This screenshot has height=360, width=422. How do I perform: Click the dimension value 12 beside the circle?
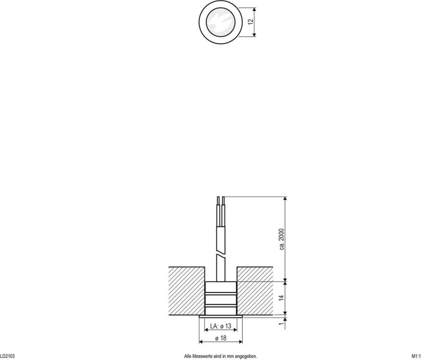(250, 22)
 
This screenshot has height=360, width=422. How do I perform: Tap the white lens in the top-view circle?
(221, 22)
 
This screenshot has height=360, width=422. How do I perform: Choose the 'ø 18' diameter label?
(221, 339)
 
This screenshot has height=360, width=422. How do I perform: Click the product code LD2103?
(8, 356)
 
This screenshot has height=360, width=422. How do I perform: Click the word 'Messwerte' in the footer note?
(206, 356)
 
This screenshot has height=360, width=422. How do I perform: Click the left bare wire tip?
(218, 201)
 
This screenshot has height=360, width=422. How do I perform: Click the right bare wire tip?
(224, 201)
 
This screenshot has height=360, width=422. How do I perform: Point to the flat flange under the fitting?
(221, 317)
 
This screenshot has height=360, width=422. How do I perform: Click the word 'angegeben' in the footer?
(246, 356)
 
